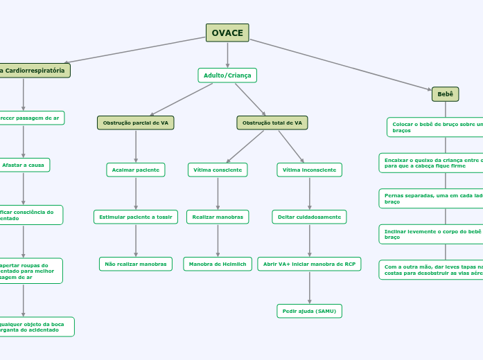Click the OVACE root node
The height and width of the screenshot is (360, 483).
[227, 33]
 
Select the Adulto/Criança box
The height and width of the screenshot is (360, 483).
[227, 75]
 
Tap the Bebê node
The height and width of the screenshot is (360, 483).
[445, 94]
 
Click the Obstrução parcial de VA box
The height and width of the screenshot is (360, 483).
[135, 123]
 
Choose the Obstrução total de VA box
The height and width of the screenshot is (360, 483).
[272, 123]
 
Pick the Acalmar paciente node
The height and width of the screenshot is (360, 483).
[135, 170]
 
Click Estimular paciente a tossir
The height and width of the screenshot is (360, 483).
[135, 217]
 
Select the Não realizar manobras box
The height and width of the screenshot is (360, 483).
[135, 264]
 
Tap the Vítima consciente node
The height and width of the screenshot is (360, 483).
[218, 170]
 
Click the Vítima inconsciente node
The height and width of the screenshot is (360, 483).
[309, 170]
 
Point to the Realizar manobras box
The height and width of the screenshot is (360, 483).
[218, 217]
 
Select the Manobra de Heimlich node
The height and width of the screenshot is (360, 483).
[218, 264]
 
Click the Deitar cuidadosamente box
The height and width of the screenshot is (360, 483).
[309, 217]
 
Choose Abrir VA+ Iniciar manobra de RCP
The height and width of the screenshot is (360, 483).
[309, 264]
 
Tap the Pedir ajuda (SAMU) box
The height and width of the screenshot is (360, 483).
[309, 311]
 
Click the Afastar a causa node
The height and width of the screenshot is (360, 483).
[23, 165]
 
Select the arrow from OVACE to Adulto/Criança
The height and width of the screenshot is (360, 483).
[227, 55]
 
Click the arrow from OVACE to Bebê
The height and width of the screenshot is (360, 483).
[340, 64]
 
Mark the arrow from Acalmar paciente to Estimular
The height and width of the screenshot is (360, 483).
[135, 193]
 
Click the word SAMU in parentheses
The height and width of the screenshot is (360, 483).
[324, 311]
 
